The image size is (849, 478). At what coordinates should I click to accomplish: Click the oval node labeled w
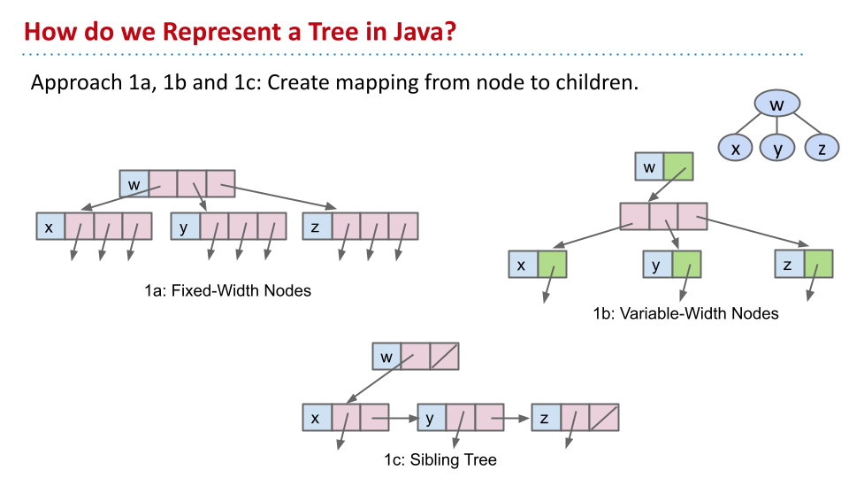tap(777, 105)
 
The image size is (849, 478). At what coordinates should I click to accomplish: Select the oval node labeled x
tap(735, 148)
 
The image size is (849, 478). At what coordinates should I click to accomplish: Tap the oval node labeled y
tap(778, 148)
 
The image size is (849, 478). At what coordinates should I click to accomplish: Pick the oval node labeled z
tap(822, 148)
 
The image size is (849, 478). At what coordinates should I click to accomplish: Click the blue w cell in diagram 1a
tap(134, 184)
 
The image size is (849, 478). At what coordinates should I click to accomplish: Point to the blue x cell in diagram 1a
tap(50, 227)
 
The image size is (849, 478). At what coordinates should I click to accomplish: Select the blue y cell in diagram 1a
tap(185, 227)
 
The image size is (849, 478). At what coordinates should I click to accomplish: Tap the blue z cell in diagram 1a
tap(316, 227)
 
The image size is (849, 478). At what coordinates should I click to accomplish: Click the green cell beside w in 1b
tap(678, 166)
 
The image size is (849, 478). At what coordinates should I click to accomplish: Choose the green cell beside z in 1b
tap(818, 265)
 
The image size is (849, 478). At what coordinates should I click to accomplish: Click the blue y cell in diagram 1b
tap(657, 265)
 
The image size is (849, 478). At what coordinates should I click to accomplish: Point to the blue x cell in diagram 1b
tap(523, 265)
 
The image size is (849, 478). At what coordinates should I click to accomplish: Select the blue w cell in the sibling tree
tap(386, 357)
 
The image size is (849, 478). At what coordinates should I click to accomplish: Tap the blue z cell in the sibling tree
tap(546, 418)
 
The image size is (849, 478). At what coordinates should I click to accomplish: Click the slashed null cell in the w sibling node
tap(445, 357)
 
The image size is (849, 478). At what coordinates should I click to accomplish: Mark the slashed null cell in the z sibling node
tap(604, 418)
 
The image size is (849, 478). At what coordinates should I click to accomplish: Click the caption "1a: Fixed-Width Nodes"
tap(228, 289)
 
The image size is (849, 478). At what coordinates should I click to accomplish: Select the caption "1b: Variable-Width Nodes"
tap(686, 312)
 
